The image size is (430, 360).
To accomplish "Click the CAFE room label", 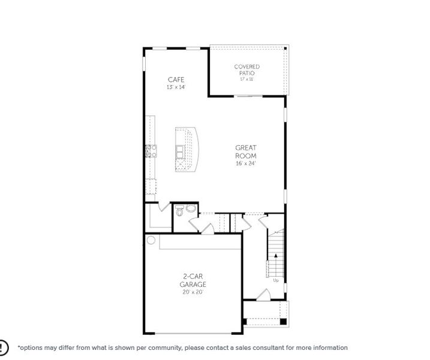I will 176,80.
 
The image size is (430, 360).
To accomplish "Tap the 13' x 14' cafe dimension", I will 176,88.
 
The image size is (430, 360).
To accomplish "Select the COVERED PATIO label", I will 246,70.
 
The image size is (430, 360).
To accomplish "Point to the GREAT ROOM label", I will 246,152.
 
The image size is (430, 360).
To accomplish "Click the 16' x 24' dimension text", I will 246,163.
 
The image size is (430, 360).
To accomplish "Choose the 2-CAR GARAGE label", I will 194,281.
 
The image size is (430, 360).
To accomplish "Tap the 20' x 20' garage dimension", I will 194,292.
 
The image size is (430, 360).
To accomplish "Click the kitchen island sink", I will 180,151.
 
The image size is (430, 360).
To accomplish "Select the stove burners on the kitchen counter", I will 151,151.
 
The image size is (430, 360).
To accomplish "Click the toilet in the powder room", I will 179,210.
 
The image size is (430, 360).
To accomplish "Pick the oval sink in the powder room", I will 191,209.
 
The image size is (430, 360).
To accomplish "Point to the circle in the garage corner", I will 151,240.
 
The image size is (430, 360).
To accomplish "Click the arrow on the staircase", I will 275,256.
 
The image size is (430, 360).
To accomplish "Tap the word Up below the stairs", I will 275,280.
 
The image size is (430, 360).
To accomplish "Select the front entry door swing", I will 263,295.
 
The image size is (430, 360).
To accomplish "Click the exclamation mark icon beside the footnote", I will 3,347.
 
